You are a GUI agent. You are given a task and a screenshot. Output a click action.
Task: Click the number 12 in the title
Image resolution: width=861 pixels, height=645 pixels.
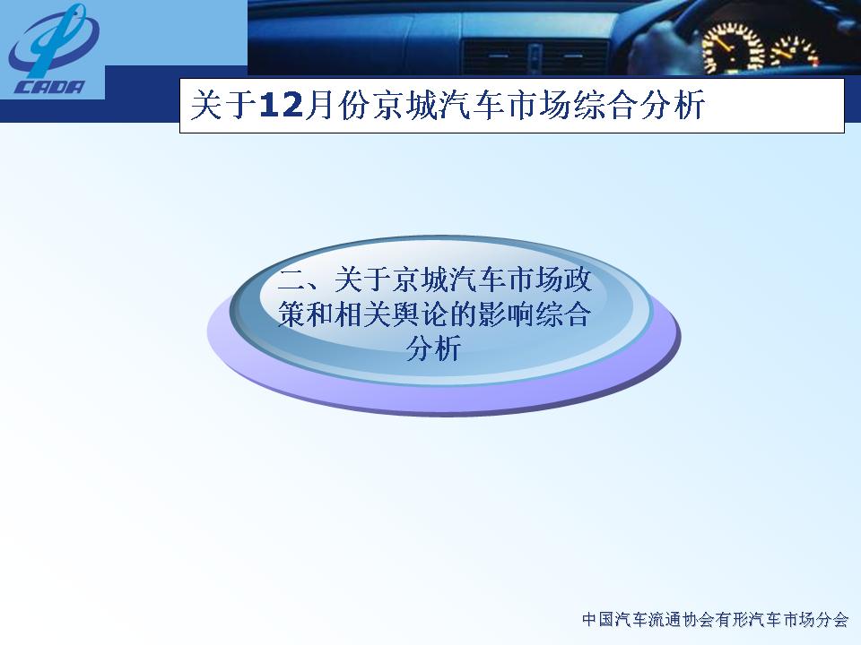(281, 105)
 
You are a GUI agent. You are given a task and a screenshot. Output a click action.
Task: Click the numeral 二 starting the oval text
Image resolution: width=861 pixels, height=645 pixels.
(291, 280)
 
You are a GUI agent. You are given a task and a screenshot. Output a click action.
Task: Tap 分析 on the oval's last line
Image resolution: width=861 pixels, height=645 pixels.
(433, 348)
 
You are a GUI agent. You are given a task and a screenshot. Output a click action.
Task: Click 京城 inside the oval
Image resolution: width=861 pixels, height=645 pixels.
(420, 280)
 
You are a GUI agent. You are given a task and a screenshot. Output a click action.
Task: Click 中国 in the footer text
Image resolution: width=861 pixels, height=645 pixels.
(598, 620)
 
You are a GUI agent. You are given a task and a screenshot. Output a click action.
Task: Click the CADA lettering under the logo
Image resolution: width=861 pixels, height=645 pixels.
(50, 87)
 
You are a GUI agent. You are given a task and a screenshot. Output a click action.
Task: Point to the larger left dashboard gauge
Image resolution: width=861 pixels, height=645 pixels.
(733, 49)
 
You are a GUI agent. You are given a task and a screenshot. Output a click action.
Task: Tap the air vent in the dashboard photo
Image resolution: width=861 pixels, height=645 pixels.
(534, 57)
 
